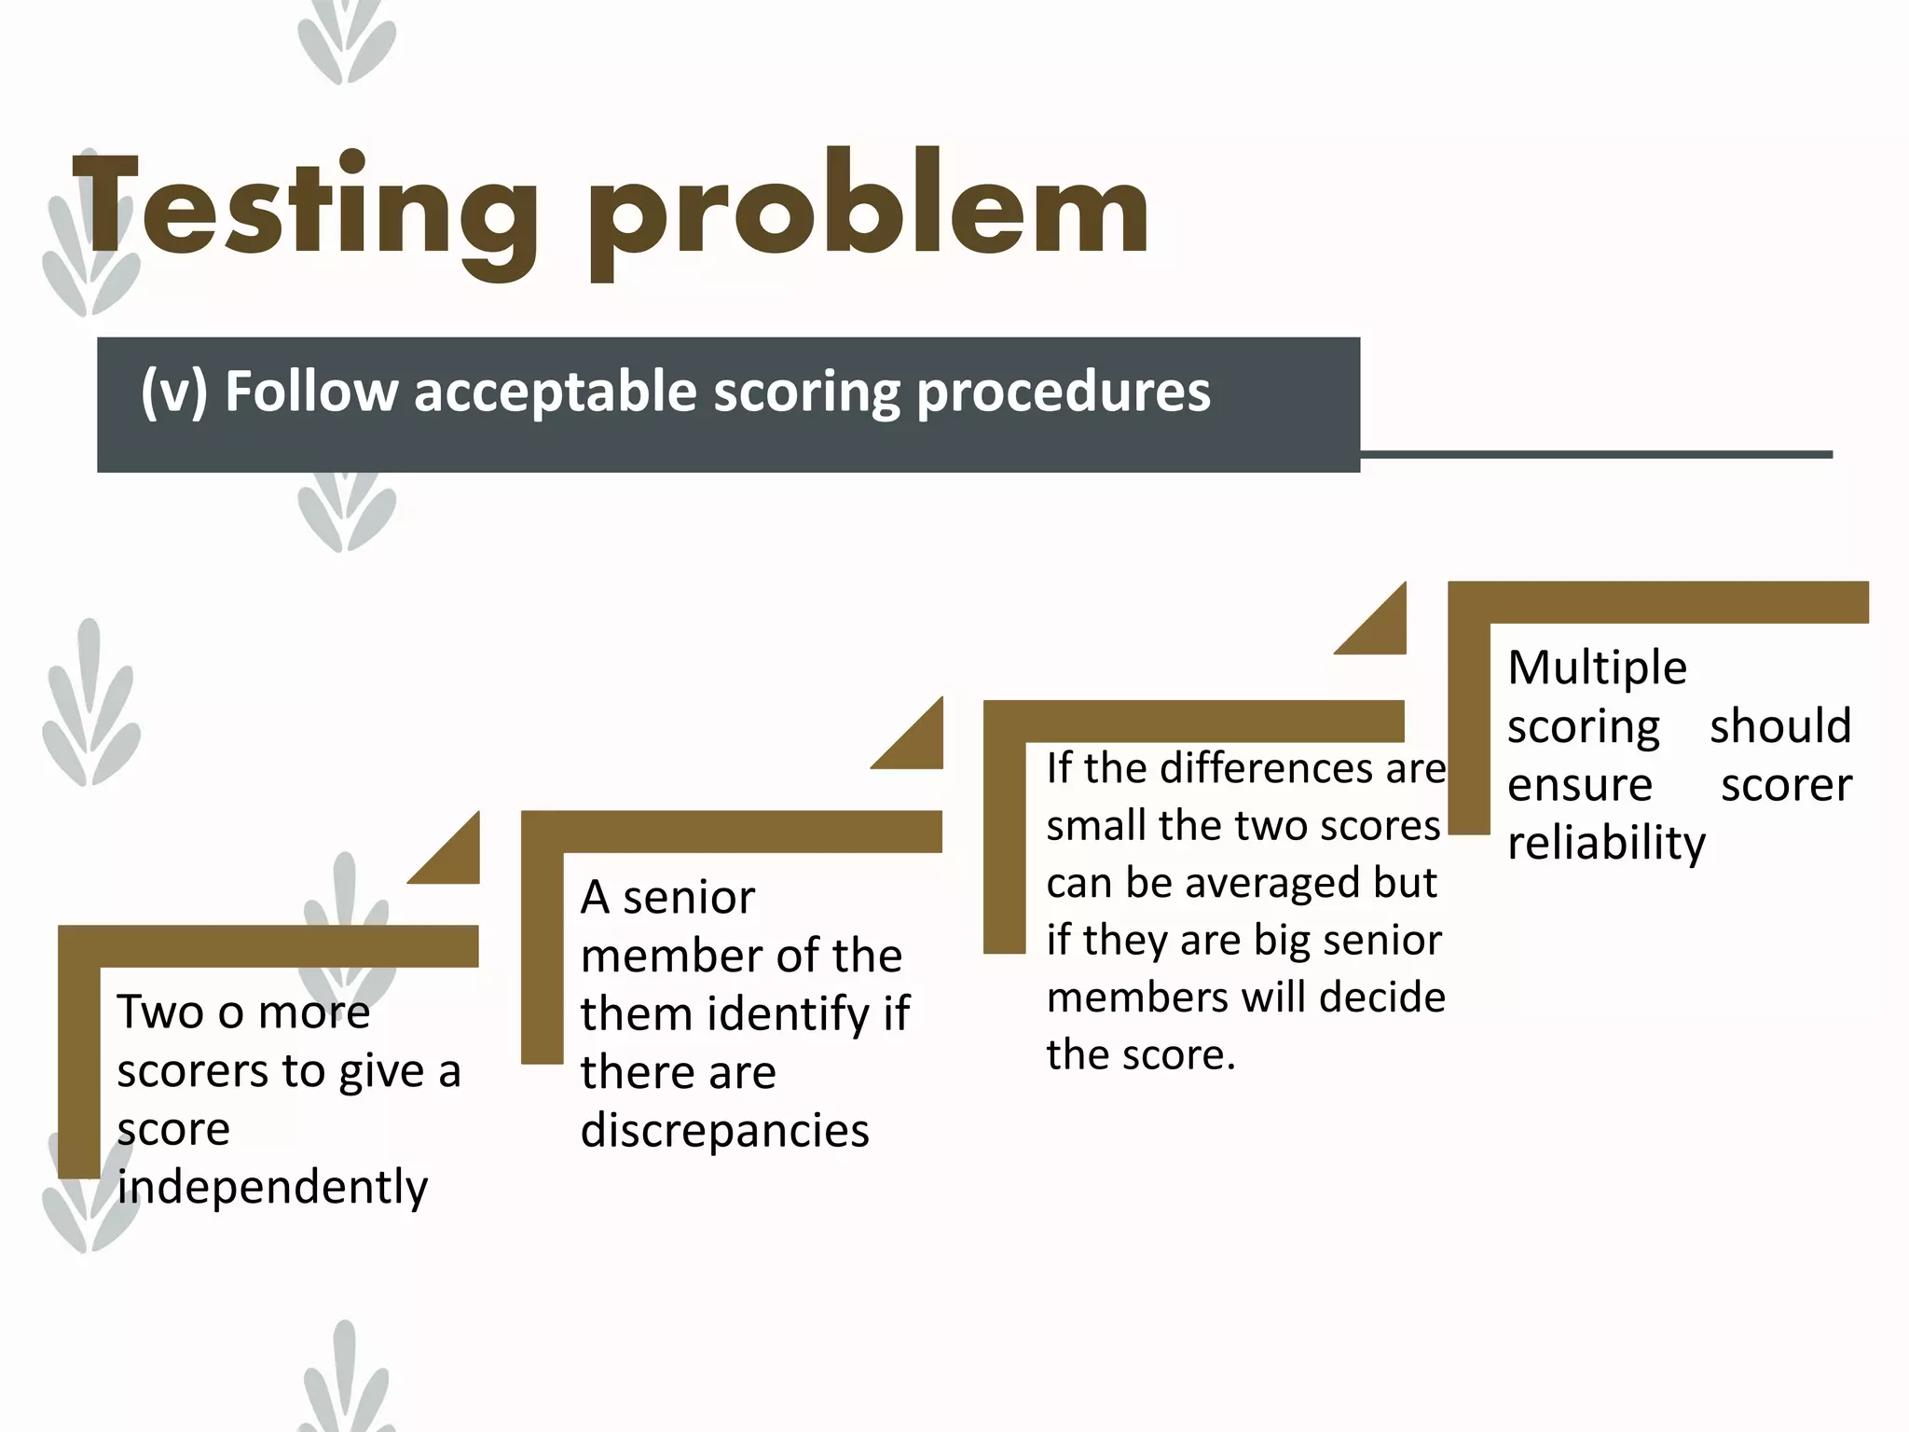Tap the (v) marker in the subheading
(173, 392)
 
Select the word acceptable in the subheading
(556, 392)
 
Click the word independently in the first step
(272, 1188)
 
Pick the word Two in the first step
(159, 1012)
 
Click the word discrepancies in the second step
(724, 1131)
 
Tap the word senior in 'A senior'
(689, 899)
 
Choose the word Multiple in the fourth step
(1597, 668)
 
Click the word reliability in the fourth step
(1606, 843)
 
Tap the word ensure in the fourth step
(1580, 785)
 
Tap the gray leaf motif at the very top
(347, 42)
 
